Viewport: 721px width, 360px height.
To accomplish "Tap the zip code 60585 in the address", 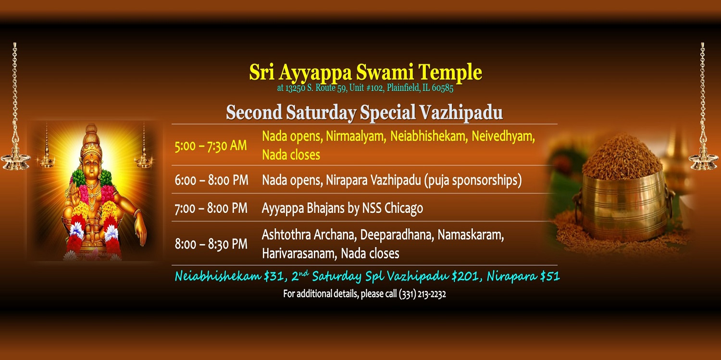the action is pyautogui.click(x=442, y=88).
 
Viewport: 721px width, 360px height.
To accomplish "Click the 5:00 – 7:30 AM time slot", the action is pyautogui.click(x=211, y=146).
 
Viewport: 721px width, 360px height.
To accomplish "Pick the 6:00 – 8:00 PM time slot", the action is pyautogui.click(x=211, y=180).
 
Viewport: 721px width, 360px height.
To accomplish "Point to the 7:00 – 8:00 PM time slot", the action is pyautogui.click(x=211, y=208).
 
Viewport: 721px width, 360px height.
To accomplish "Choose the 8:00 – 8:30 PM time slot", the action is pyautogui.click(x=211, y=244).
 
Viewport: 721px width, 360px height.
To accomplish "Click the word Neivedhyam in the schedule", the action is pyautogui.click(x=503, y=137).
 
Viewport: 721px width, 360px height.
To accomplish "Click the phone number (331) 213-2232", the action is pyautogui.click(x=423, y=294).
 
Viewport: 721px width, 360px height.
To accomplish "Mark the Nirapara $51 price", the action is pyautogui.click(x=523, y=276).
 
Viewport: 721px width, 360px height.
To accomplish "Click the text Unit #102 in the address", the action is pyautogui.click(x=366, y=88).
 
